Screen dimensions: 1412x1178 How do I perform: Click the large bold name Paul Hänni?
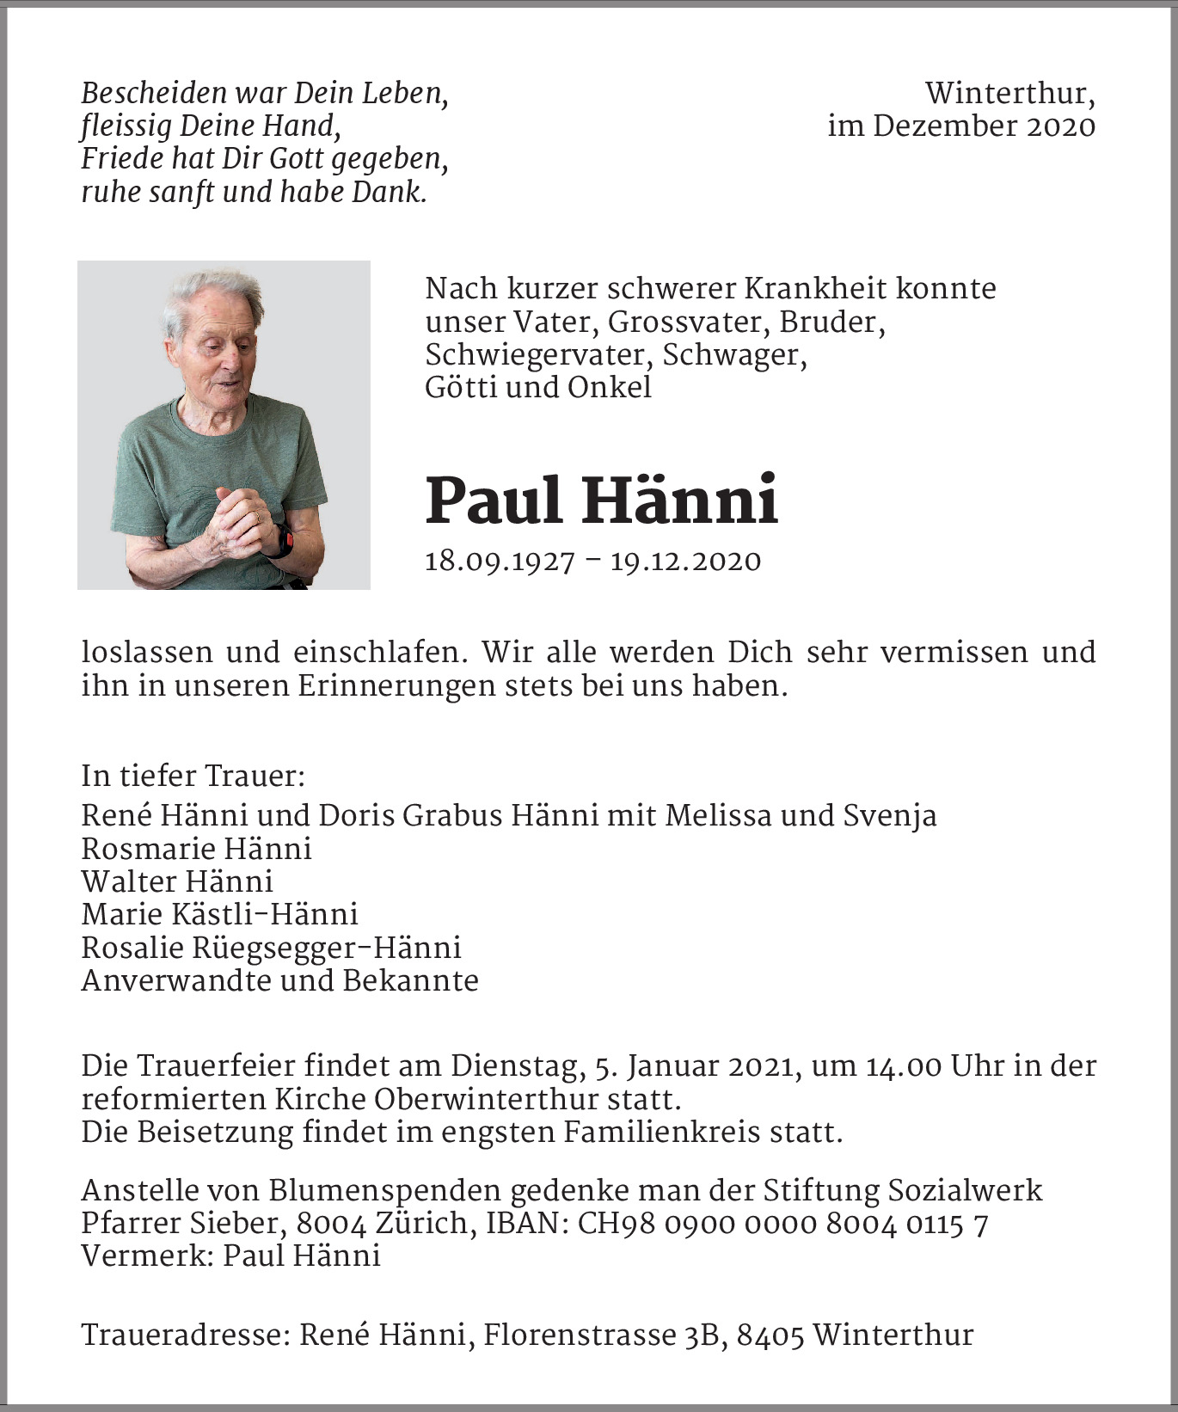(602, 500)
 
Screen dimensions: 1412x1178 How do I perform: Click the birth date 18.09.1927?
(500, 562)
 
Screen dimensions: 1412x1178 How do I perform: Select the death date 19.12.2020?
(685, 562)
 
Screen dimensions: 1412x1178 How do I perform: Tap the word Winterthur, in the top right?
(1009, 93)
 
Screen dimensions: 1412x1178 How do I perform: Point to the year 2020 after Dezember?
(1061, 126)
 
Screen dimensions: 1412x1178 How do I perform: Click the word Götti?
(461, 387)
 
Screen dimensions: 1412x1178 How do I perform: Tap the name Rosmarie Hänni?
(196, 849)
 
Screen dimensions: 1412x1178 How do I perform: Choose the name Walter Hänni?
(177, 881)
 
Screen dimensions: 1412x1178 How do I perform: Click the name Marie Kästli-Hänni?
(219, 914)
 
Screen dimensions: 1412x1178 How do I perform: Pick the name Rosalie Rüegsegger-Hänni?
(271, 948)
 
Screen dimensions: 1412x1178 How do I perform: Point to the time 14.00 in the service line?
(903, 1066)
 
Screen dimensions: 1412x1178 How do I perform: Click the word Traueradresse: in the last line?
(185, 1335)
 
